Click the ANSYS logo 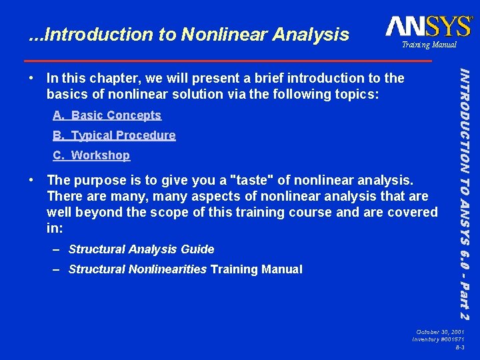428,27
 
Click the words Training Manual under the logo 429,45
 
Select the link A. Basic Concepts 107,115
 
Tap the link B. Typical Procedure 114,135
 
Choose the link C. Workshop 91,155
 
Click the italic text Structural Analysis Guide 141,249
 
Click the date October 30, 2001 440,332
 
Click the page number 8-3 460,348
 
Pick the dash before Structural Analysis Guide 58,249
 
